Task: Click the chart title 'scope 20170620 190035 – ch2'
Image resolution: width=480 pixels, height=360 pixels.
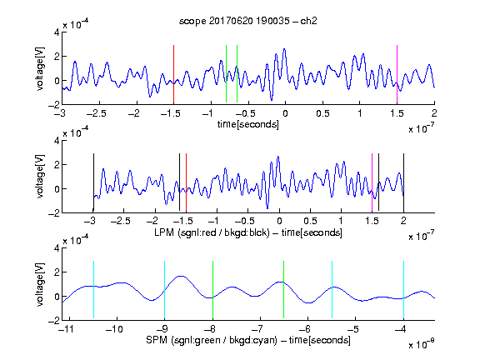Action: point(248,21)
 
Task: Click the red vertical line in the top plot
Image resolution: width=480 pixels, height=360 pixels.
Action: point(173,74)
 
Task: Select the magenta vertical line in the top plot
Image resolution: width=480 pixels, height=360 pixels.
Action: point(397,74)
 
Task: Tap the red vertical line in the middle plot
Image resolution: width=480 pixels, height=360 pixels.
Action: point(186,182)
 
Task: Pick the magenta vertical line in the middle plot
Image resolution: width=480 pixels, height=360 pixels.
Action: point(372,182)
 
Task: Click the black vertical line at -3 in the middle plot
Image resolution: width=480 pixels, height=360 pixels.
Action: point(93,182)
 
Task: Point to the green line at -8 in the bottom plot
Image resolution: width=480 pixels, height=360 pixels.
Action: point(212,290)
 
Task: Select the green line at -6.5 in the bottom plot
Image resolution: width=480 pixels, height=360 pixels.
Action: point(284,290)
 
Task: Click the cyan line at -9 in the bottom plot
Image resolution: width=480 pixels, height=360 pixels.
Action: point(165,290)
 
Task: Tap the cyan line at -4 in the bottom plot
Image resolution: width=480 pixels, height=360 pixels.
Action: point(404,290)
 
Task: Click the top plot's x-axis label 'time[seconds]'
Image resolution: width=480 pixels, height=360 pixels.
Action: point(248,124)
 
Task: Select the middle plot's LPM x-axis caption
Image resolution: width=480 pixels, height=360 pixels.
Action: point(248,232)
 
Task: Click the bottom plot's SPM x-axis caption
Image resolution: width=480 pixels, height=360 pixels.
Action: point(248,340)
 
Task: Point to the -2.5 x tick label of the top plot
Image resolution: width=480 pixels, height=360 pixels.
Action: point(97,113)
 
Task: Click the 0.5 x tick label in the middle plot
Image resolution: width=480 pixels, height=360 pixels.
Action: point(310,221)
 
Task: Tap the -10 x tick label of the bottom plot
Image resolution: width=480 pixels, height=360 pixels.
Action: point(114,329)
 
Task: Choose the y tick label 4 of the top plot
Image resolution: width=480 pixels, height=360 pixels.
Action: point(57,32)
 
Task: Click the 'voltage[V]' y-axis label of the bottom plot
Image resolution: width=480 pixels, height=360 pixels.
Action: point(40,284)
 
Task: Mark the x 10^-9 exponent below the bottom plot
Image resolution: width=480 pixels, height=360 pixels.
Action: point(422,344)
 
